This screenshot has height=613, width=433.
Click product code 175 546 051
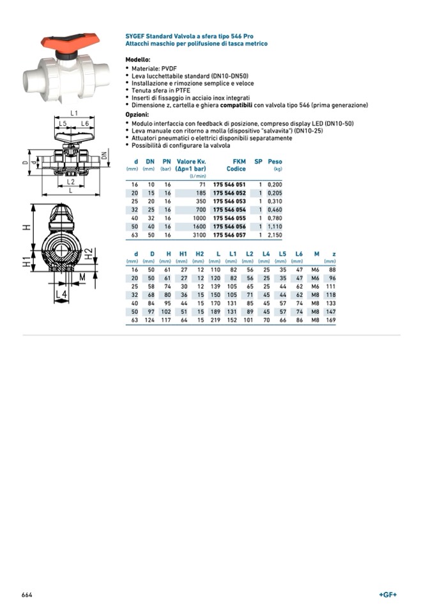229,183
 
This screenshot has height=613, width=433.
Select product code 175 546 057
229,235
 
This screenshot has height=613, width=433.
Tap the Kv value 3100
199,235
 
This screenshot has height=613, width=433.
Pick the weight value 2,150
275,235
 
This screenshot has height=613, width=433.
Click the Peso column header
275,162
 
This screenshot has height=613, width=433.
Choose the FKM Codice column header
236,165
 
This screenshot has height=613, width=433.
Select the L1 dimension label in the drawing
73,113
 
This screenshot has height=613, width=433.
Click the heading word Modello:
138,59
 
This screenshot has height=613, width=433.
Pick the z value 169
330,320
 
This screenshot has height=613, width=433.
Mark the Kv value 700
201,209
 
